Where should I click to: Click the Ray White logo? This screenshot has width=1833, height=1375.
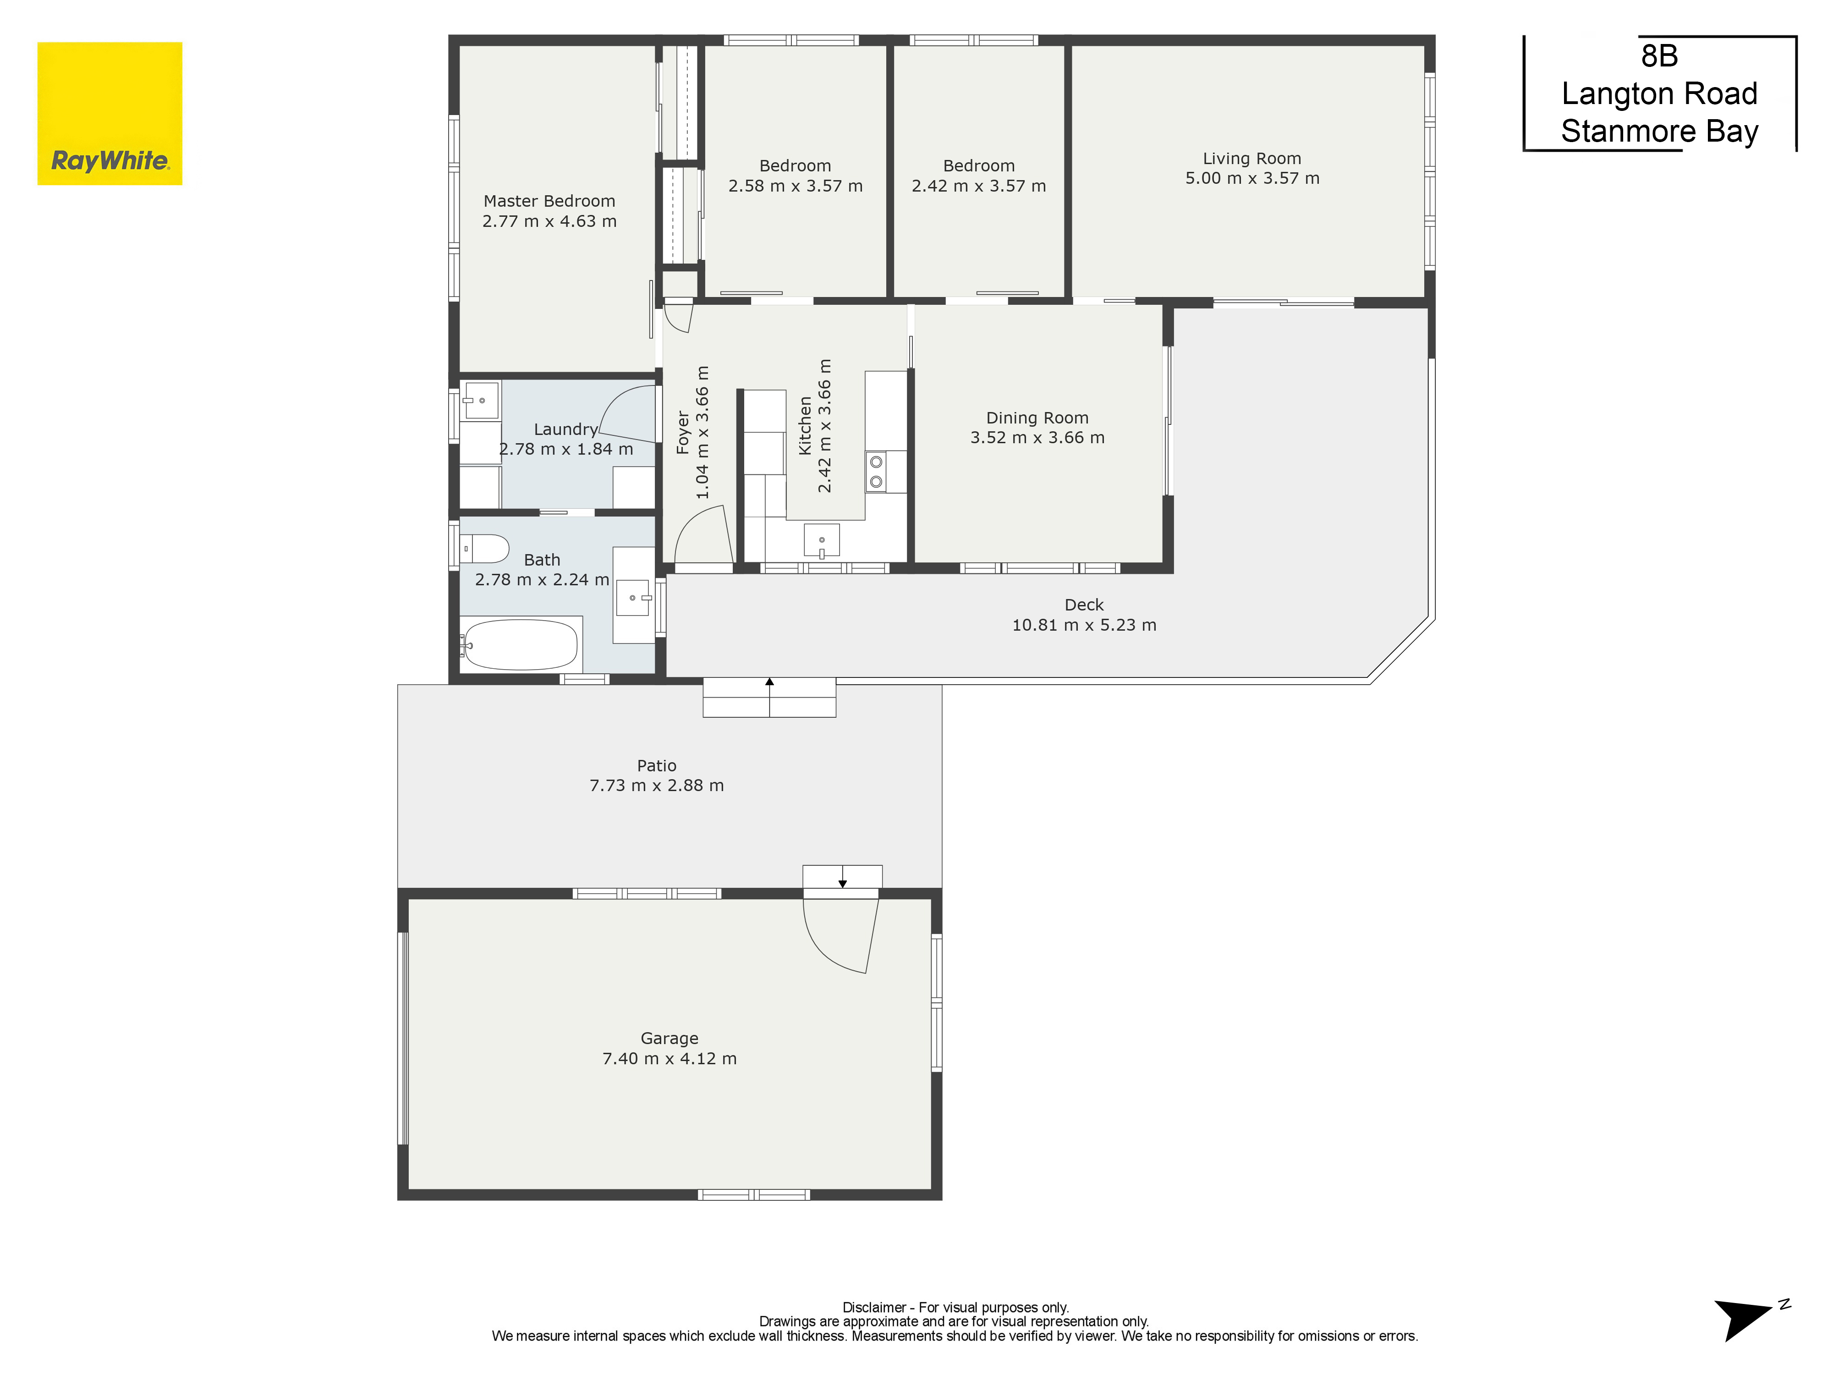click(110, 114)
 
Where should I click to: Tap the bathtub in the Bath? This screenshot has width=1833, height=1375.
click(521, 644)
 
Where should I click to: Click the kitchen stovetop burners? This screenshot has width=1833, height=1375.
click(876, 472)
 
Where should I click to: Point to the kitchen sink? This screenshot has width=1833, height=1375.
click(821, 540)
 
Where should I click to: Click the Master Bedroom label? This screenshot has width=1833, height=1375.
click(549, 201)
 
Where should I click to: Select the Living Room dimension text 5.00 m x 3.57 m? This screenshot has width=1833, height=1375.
click(1252, 178)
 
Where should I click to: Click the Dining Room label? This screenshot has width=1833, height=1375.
click(1037, 418)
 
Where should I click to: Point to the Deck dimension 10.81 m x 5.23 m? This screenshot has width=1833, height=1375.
click(1084, 625)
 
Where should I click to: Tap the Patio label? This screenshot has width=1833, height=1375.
click(656, 766)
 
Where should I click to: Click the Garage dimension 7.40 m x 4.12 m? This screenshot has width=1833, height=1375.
click(670, 1058)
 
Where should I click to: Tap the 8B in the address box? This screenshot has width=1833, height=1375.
click(1659, 56)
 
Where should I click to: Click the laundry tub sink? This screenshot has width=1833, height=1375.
click(482, 400)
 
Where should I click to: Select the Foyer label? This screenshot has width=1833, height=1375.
click(683, 432)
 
